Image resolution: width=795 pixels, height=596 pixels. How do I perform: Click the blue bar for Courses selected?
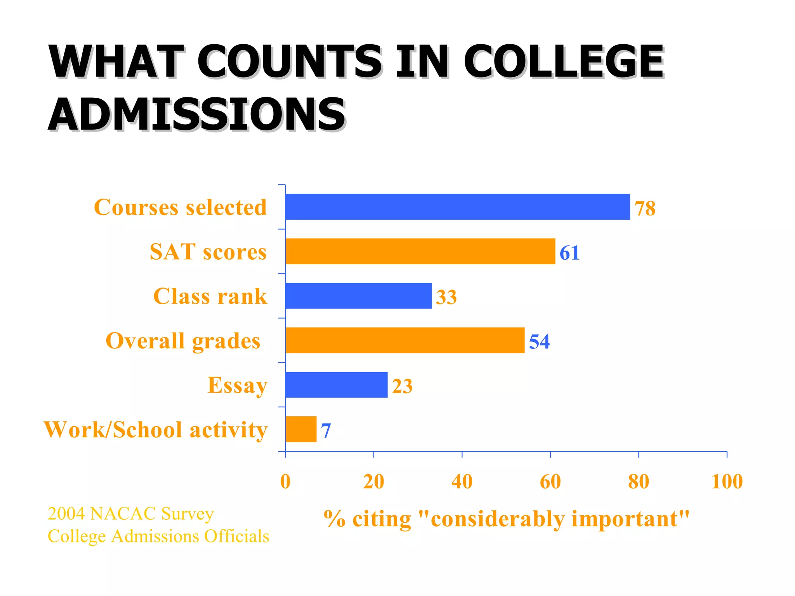point(457,207)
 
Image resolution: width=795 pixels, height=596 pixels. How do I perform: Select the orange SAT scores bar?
point(420,251)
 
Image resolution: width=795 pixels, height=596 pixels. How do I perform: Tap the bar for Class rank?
point(358,296)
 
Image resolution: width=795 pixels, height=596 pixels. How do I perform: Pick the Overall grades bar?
point(405,340)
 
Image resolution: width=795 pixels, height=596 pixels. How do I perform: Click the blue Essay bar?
point(336,385)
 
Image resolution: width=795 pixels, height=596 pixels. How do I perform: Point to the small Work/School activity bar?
point(301,429)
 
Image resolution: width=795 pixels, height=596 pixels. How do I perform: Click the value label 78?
point(645,208)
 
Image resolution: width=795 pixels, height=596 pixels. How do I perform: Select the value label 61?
point(569,253)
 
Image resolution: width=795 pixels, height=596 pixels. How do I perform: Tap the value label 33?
point(446,297)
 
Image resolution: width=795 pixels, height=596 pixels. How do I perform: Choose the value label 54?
point(539,342)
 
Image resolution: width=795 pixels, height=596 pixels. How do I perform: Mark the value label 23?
point(402,386)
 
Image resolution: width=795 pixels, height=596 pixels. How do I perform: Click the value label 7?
point(326,431)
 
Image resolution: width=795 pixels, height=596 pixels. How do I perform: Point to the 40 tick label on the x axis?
point(462,482)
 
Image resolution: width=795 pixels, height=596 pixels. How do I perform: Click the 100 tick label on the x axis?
point(727,482)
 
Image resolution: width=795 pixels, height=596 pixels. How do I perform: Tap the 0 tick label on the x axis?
point(285,482)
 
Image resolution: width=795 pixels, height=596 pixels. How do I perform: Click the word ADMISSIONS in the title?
point(196,114)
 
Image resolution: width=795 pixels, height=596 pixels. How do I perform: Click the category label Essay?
point(237,385)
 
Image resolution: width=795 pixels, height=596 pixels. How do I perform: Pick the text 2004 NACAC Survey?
point(130,514)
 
